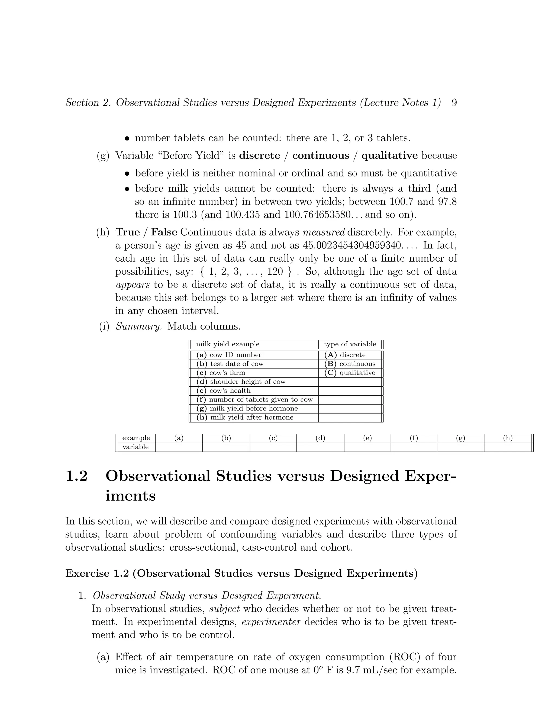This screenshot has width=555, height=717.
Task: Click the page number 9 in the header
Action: pos(454,103)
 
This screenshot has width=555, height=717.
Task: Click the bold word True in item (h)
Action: pos(128,232)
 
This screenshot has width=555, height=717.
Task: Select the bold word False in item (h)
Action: pos(164,232)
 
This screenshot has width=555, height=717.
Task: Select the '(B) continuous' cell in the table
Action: pos(350,364)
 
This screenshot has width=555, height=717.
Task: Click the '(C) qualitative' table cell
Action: pos(350,373)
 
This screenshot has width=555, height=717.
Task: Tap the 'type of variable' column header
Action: pos(350,344)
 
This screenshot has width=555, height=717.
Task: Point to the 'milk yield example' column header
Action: pos(228,344)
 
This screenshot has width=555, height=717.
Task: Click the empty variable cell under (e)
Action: pos(367,447)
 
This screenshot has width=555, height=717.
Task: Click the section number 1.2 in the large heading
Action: pos(77,476)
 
